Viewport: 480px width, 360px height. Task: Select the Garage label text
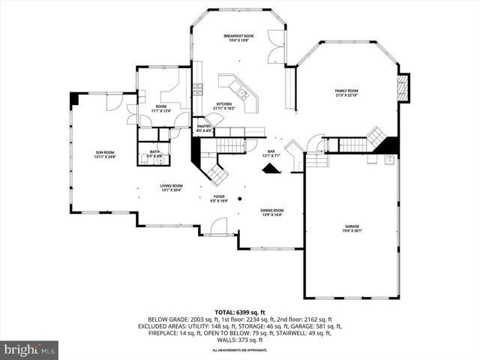pos(352,228)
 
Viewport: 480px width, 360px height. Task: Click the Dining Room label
pos(271,212)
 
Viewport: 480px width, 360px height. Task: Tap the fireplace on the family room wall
pos(403,88)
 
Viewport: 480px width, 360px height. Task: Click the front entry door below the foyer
pos(218,226)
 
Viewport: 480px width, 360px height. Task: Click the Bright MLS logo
pos(30,349)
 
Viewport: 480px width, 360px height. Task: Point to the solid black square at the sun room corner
pos(74,98)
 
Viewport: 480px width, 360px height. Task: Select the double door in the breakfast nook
pos(278,46)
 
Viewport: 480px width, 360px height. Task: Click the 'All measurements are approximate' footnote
pos(239,350)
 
